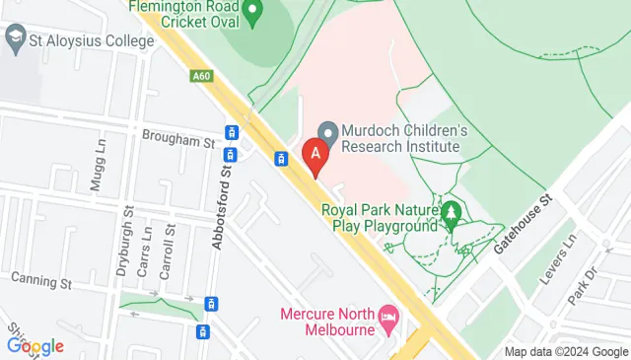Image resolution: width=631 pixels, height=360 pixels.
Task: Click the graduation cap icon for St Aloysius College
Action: pos(15,40)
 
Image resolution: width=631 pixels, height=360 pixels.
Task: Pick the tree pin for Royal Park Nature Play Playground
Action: pos(452,213)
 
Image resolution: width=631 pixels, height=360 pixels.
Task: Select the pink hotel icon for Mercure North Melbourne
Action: pos(388,316)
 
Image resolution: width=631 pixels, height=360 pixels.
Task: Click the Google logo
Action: pos(35,346)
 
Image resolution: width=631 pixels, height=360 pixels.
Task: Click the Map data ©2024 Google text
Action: pos(566,352)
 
